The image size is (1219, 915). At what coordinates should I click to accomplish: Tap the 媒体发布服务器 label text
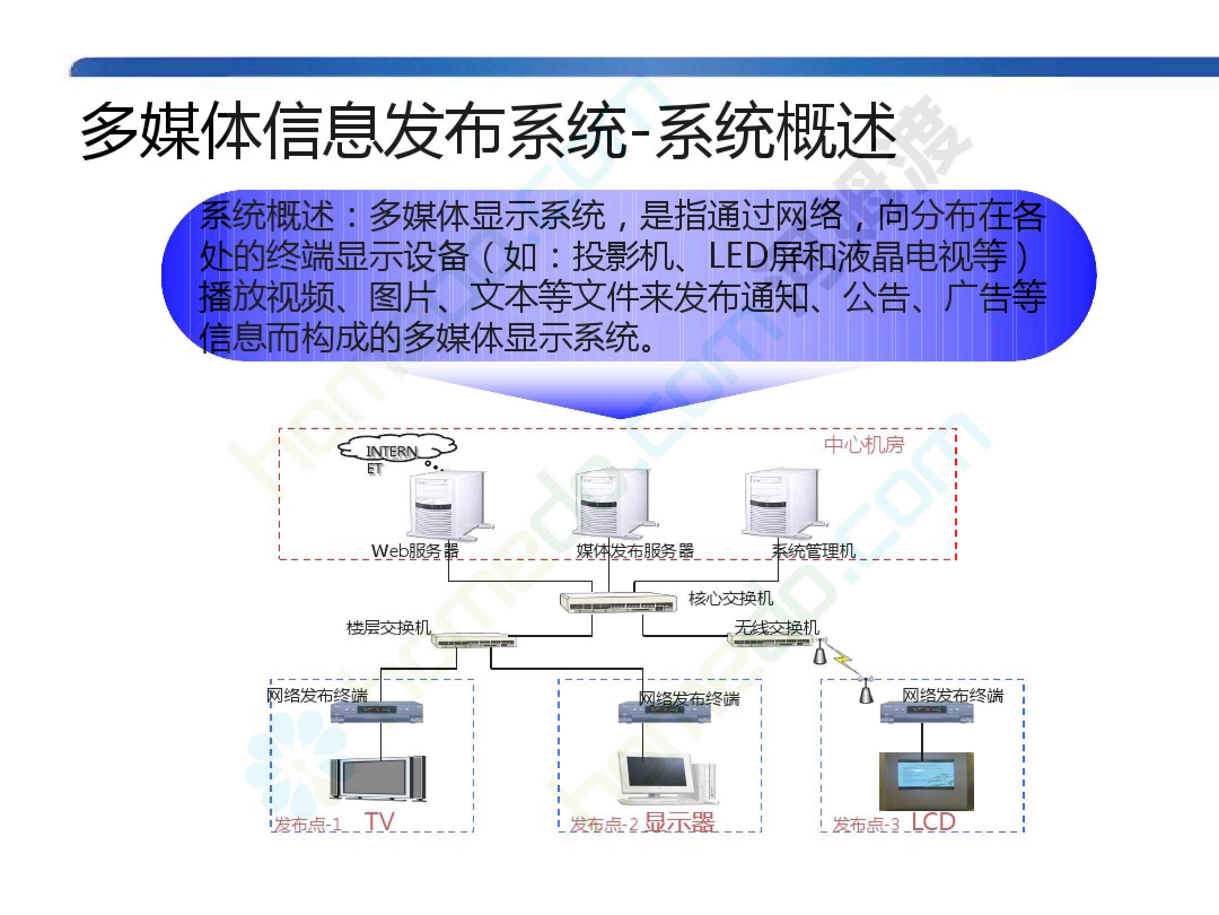[x=635, y=551]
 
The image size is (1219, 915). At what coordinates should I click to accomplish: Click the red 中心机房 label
[x=864, y=445]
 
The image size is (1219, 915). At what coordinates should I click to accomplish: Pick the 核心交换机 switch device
[x=618, y=603]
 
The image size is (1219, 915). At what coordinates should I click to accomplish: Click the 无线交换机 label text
[x=777, y=628]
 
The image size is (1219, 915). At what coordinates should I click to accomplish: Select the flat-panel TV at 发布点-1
[x=378, y=778]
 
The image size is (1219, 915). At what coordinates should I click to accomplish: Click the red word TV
[x=379, y=822]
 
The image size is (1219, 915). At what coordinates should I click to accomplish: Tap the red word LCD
[x=933, y=821]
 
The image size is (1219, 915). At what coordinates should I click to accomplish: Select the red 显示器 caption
[x=679, y=822]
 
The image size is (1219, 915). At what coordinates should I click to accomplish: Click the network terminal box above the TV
[x=377, y=712]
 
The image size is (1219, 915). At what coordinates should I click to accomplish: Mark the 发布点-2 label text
[x=604, y=825]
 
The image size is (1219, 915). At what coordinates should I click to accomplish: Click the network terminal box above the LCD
[x=928, y=712]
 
